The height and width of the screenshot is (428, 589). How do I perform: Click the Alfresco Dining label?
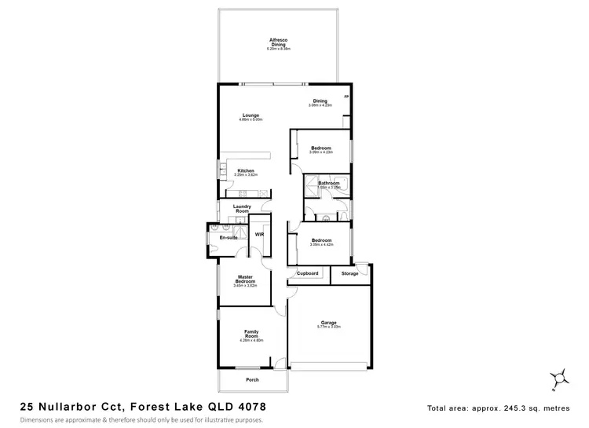coord(278,42)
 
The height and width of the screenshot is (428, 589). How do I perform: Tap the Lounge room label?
coord(251,115)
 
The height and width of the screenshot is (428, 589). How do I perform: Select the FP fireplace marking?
coord(346,97)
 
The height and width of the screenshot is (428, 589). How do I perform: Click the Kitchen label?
coord(246,170)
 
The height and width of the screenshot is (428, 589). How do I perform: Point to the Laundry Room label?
coord(241,208)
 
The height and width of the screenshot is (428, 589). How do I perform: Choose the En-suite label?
coord(228,236)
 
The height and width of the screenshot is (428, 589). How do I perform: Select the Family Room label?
coord(251,335)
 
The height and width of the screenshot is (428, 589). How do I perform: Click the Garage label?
coord(329,322)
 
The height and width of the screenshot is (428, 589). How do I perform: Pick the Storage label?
coord(349,273)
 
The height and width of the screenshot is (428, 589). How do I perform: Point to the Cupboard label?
coord(307,273)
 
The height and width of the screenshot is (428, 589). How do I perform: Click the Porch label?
coord(251,379)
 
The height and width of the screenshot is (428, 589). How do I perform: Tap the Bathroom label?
coord(328,183)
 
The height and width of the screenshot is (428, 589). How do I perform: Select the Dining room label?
coord(320,101)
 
